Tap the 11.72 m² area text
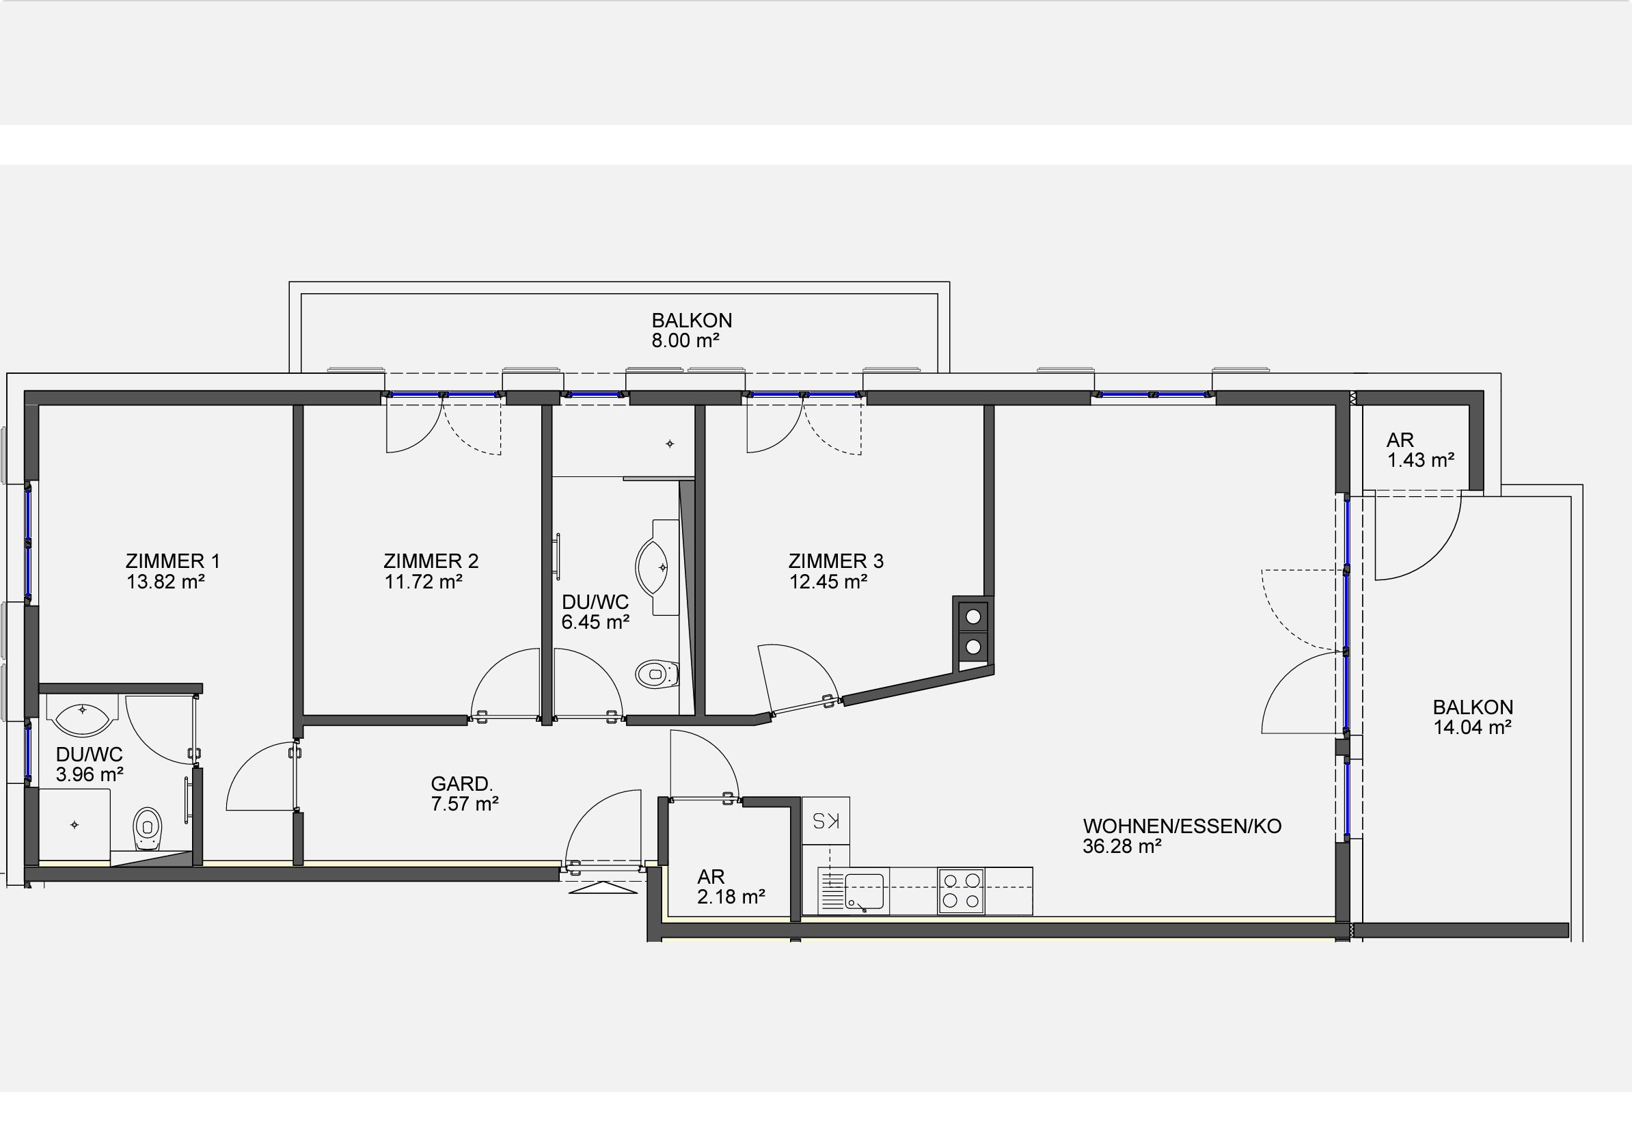click(424, 582)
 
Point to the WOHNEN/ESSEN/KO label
click(1182, 826)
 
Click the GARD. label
click(461, 784)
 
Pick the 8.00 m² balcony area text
click(686, 341)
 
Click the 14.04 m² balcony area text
click(1472, 728)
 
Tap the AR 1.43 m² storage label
click(1420, 450)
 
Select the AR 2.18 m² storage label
click(731, 887)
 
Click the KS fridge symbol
click(826, 820)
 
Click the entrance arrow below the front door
click(603, 888)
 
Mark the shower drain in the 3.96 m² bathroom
click(74, 824)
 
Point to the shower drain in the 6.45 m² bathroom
click(670, 444)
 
